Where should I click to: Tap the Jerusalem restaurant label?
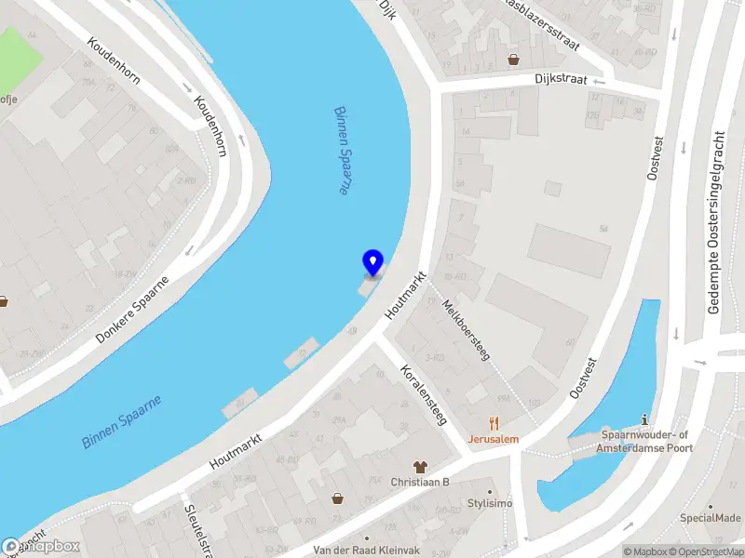coord(494,438)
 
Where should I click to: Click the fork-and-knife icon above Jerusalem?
coord(494,422)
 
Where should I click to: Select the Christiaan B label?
coord(420,482)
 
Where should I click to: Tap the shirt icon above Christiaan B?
coord(420,466)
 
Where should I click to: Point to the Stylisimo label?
coord(490,503)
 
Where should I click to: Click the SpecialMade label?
coord(710,518)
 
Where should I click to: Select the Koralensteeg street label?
coord(423,395)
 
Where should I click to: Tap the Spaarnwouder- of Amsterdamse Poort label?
coord(645,442)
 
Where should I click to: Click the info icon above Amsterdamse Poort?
coord(646,420)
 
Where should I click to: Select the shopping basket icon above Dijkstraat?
coord(513,60)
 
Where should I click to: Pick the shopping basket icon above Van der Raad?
coord(337,499)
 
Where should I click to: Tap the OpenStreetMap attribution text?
coord(706,551)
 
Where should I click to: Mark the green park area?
coord(19,51)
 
